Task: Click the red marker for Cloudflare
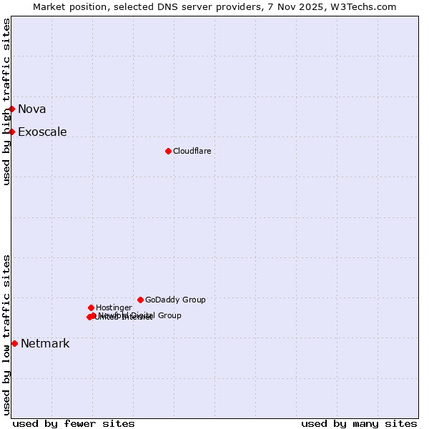tap(168, 151)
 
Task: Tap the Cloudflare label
tap(192, 151)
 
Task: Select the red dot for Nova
tap(12, 109)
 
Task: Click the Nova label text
tap(32, 109)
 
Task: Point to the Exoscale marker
tap(12, 132)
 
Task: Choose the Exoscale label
tap(42, 132)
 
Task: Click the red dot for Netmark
tap(14, 343)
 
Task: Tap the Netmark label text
tap(45, 343)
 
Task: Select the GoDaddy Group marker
tap(140, 300)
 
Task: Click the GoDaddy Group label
tap(175, 300)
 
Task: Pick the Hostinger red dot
tap(91, 307)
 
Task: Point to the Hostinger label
tap(114, 307)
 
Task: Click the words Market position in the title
tap(66, 6)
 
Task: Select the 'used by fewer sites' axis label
tap(74, 423)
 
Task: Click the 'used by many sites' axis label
tap(359, 423)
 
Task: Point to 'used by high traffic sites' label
tap(6, 102)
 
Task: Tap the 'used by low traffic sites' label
tap(6, 335)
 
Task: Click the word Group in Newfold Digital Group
tap(169, 315)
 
